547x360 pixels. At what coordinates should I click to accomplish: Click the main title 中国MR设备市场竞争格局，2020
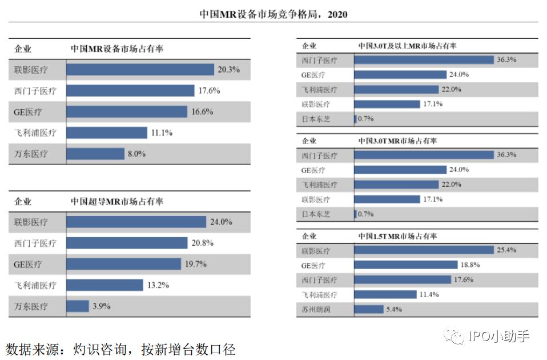coord(273,14)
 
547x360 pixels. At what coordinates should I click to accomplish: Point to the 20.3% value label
coord(228,70)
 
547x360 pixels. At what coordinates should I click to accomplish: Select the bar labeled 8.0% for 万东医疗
coord(95,154)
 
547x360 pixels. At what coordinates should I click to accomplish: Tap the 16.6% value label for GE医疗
coord(202,112)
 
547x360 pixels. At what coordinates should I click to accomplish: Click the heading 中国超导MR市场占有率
coord(116,202)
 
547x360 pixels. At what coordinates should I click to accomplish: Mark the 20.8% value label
coord(202,243)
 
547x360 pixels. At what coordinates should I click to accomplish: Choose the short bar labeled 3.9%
coord(78,306)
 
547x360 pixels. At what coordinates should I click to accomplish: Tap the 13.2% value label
coord(158,285)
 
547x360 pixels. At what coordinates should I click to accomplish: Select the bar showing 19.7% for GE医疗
coord(123,264)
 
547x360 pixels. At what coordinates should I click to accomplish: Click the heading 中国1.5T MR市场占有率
coord(397,236)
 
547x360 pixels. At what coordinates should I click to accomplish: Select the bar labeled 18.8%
coord(406,265)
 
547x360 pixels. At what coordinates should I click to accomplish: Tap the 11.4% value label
coord(429,295)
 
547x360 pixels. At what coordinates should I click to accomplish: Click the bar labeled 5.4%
coord(369,310)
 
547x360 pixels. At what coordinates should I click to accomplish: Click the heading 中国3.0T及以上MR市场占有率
coord(407,46)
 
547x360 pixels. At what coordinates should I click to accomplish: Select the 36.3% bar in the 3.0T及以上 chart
coord(424,60)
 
